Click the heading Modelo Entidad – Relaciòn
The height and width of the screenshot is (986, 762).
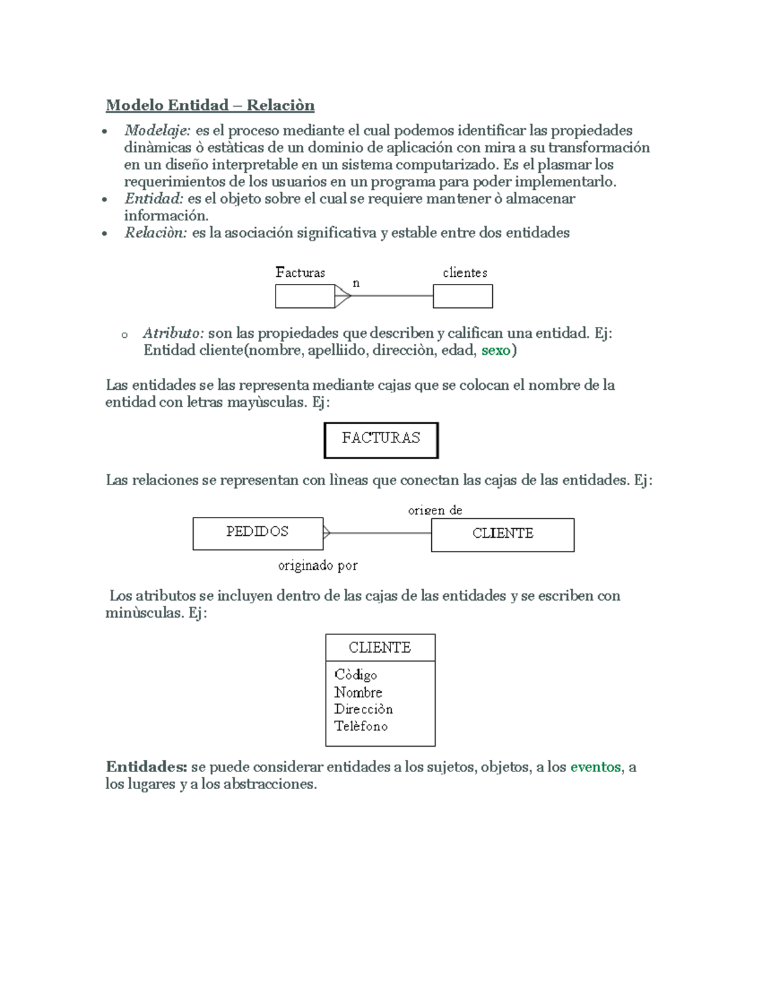pyautogui.click(x=210, y=105)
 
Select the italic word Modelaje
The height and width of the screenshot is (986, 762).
pyautogui.click(x=157, y=131)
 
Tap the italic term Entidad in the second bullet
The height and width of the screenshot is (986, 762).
pyautogui.click(x=154, y=199)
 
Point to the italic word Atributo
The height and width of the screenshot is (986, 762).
pyautogui.click(x=173, y=333)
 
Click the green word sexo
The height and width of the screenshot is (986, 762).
pyautogui.click(x=496, y=350)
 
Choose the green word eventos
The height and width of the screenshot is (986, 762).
pyautogui.click(x=595, y=767)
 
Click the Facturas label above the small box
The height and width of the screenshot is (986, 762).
pyautogui.click(x=300, y=273)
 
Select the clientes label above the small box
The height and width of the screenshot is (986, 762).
pyautogui.click(x=465, y=273)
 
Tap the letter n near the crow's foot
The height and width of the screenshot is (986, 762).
pyautogui.click(x=356, y=283)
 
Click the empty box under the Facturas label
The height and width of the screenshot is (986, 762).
pyautogui.click(x=305, y=296)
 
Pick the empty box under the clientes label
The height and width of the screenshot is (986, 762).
pyautogui.click(x=462, y=296)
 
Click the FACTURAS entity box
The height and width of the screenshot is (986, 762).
pyautogui.click(x=381, y=440)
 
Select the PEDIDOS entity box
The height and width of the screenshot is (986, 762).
pyautogui.click(x=258, y=533)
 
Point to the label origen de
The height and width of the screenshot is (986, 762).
pyautogui.click(x=435, y=510)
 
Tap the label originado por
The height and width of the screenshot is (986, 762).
pyautogui.click(x=317, y=566)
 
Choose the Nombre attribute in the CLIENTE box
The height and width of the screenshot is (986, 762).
pyautogui.click(x=358, y=693)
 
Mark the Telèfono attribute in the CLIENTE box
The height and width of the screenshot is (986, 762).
pyautogui.click(x=361, y=726)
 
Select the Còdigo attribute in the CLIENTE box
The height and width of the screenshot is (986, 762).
pyautogui.click(x=356, y=675)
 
